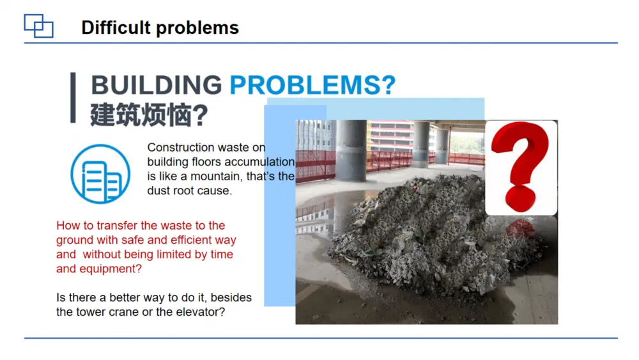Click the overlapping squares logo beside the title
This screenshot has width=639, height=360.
[x=38, y=26]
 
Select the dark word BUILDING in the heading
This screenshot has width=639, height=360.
[x=156, y=85]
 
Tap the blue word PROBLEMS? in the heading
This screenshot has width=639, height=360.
[x=312, y=85]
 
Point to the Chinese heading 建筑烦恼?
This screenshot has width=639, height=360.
[x=149, y=115]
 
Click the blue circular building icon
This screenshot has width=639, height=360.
[x=100, y=174]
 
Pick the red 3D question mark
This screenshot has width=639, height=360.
[x=520, y=166]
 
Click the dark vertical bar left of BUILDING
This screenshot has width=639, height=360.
[x=73, y=98]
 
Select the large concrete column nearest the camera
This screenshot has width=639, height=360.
[x=351, y=151]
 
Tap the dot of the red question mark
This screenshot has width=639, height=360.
[x=520, y=199]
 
